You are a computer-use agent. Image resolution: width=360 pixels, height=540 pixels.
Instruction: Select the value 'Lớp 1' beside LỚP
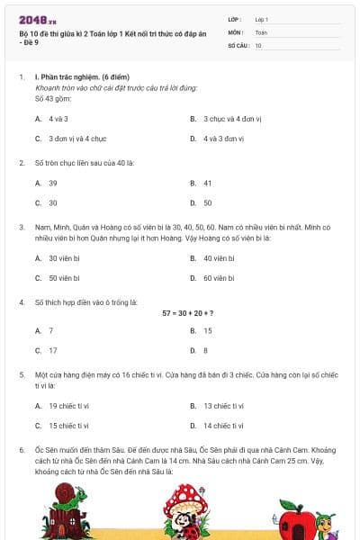(261, 19)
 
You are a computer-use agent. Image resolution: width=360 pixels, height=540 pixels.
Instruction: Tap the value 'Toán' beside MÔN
(261, 31)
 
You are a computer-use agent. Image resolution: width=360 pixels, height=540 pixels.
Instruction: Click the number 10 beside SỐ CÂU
(258, 44)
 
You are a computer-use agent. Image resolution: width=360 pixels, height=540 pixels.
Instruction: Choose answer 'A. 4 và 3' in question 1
(58, 118)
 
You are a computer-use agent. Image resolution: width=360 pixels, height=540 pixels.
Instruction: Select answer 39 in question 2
(53, 183)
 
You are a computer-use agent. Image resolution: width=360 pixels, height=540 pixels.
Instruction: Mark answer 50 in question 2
(207, 202)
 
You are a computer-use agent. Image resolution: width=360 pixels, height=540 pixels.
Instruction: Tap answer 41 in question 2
(207, 183)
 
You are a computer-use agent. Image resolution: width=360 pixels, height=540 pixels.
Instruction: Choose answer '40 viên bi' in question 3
(218, 258)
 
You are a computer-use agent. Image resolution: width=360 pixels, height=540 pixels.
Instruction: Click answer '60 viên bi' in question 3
(218, 278)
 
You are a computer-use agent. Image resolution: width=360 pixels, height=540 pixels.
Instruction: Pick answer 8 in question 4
(205, 350)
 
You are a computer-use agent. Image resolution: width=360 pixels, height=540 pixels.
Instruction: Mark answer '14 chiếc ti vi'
(223, 426)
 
